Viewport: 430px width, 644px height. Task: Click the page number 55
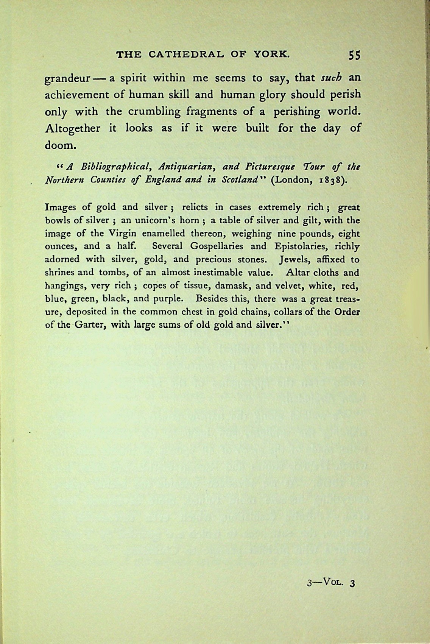[355, 55]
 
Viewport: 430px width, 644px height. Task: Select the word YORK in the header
[271, 55]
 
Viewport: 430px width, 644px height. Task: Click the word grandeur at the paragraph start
[67, 80]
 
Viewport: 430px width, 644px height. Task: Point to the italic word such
[331, 78]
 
